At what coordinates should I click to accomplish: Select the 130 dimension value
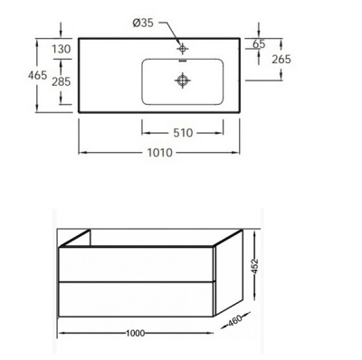(62, 48)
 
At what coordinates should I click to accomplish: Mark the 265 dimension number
(280, 60)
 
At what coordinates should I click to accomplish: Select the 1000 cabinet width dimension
(136, 334)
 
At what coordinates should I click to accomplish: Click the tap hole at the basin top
(182, 47)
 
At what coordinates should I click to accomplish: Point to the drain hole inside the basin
(182, 80)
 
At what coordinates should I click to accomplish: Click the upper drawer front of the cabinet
(137, 264)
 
